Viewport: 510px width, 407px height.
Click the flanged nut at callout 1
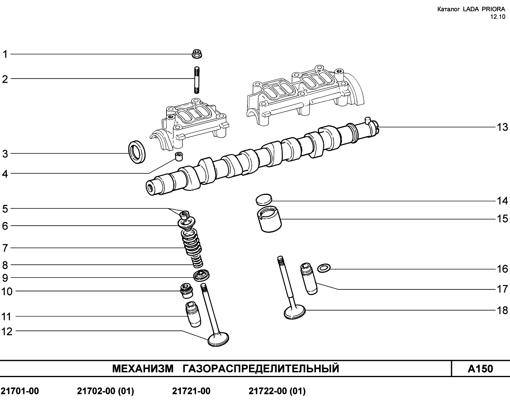pos(197,54)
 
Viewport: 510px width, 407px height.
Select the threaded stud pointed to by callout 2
pos(197,80)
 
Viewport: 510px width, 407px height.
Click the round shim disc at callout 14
pos(264,200)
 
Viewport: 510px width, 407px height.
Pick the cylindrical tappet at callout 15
pos(269,219)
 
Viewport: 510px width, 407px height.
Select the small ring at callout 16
pos(324,268)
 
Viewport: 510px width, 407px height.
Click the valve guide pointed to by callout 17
pos(308,279)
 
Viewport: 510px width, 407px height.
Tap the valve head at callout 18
pos(294,311)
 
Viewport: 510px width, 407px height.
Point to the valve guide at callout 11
pos(193,314)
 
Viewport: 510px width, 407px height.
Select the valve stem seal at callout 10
pos(186,291)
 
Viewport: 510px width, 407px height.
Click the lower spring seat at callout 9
pos(202,275)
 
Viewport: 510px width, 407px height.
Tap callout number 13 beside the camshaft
pos(502,128)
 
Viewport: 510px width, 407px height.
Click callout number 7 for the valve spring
pos(5,248)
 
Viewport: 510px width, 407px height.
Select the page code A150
pos(480,369)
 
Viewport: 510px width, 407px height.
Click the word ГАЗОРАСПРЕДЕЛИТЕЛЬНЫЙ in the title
pos(261,369)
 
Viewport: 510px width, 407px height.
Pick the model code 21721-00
pos(191,391)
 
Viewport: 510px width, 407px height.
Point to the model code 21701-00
pos(20,391)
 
